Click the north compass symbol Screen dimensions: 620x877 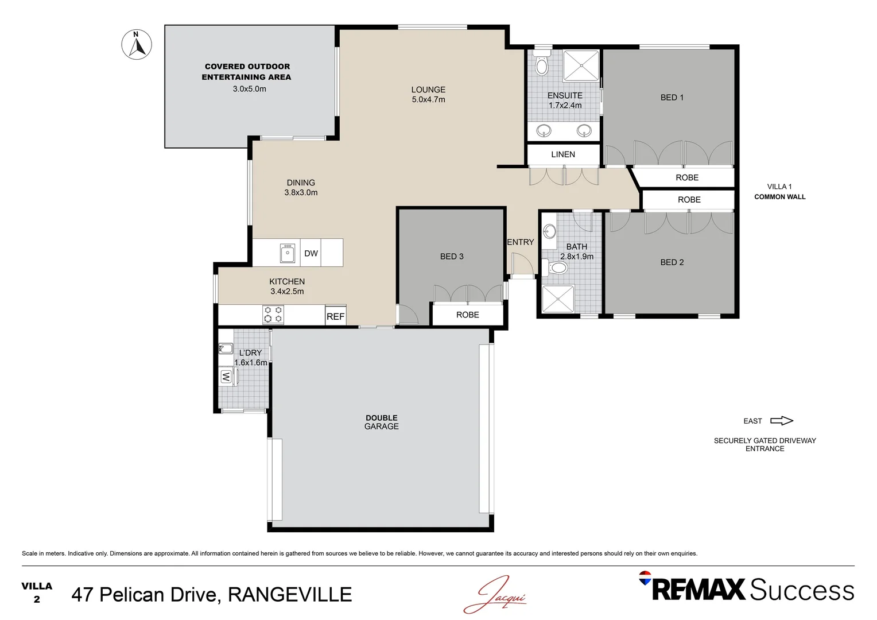(x=137, y=45)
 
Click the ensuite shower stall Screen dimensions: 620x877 (x=581, y=65)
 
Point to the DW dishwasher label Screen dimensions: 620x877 (x=311, y=253)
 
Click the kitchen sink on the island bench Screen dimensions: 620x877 (x=288, y=253)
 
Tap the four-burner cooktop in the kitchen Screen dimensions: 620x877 (x=273, y=315)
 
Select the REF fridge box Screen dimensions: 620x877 (x=335, y=316)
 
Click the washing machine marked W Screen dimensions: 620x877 (x=226, y=377)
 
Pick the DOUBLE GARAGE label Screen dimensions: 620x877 (x=382, y=422)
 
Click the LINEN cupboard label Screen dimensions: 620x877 (x=563, y=154)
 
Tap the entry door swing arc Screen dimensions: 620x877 (x=522, y=265)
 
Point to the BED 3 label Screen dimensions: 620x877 (x=452, y=257)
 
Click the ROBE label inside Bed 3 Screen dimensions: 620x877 (x=467, y=315)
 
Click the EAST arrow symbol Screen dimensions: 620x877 (x=781, y=421)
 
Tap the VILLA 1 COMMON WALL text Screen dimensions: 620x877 (x=779, y=192)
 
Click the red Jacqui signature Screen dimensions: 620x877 (x=495, y=595)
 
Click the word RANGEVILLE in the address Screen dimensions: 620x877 (x=290, y=595)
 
